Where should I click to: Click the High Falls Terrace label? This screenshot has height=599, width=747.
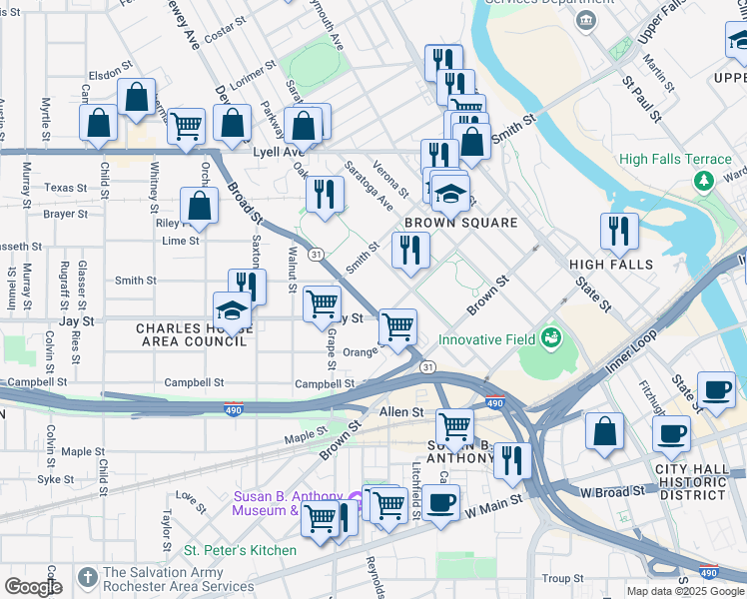pyautogui.click(x=675, y=159)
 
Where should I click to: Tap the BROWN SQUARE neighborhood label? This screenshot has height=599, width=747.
pyautogui.click(x=460, y=223)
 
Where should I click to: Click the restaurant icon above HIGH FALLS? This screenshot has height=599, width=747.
pyautogui.click(x=619, y=232)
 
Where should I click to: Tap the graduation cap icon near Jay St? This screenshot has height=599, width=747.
pyautogui.click(x=232, y=309)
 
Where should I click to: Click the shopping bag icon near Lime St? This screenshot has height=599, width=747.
pyautogui.click(x=200, y=206)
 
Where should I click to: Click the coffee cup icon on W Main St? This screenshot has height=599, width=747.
pyautogui.click(x=440, y=502)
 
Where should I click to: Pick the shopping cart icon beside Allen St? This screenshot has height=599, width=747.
pyautogui.click(x=455, y=426)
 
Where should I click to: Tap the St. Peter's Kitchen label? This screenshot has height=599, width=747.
pyautogui.click(x=240, y=550)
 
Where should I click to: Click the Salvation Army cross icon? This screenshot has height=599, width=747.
pyautogui.click(x=88, y=577)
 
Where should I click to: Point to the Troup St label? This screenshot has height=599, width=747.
pyautogui.click(x=563, y=578)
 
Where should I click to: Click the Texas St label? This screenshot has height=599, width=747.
pyautogui.click(x=66, y=188)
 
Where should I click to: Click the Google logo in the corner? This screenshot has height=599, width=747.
pyautogui.click(x=32, y=587)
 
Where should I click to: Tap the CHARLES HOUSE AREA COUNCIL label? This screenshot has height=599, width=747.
pyautogui.click(x=191, y=334)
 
